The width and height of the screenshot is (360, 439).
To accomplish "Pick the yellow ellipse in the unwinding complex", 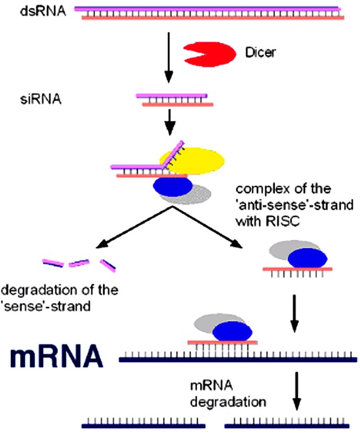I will pos(191,159).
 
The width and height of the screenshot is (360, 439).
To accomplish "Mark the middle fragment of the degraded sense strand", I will pos(79,263).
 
